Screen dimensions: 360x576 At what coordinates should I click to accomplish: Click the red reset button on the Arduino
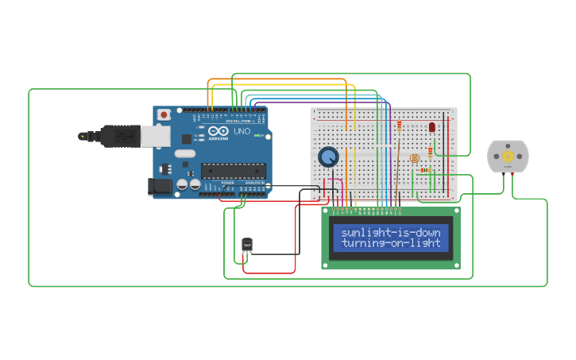(164, 115)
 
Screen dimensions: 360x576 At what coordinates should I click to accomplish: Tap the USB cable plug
(119, 137)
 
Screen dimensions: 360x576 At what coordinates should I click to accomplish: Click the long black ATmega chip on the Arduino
(233, 169)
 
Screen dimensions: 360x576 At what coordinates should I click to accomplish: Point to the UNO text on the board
(242, 131)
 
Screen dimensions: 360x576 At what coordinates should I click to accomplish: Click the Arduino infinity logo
(218, 130)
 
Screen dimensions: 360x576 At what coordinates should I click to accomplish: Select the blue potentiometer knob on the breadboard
(328, 157)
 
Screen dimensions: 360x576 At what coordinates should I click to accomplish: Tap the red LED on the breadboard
(432, 127)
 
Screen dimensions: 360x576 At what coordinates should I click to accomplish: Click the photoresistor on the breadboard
(414, 158)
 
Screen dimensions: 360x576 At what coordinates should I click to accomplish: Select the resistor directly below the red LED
(431, 150)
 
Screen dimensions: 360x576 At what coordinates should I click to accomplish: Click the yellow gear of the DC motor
(508, 157)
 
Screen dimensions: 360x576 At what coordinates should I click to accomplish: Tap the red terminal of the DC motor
(513, 173)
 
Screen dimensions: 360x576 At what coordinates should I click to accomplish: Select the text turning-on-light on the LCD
(390, 243)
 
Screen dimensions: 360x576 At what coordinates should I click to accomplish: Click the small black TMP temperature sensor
(246, 246)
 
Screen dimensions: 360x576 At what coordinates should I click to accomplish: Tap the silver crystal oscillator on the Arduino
(184, 153)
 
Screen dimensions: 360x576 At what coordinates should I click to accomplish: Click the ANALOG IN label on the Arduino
(255, 183)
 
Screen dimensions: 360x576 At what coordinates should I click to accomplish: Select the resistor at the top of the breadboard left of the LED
(399, 125)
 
